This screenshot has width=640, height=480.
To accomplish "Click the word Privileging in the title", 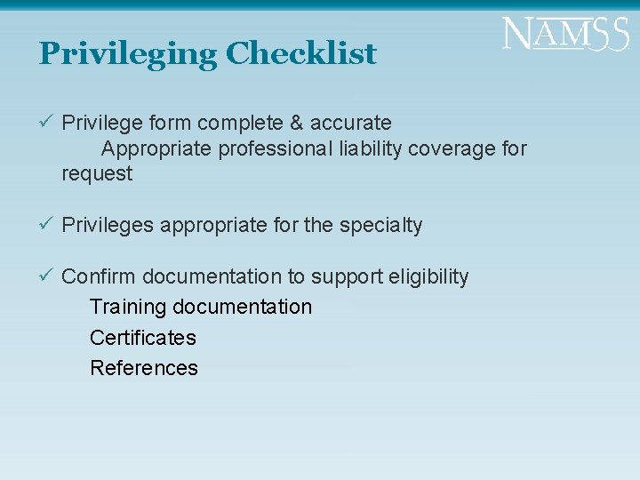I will (x=127, y=54).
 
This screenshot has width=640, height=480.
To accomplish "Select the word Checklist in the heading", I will (x=300, y=54).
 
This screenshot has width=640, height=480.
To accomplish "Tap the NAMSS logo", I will (x=564, y=36).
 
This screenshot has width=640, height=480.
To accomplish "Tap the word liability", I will (x=371, y=148).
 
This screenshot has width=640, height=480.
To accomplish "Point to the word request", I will (x=97, y=174).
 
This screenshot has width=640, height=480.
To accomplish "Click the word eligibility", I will (x=428, y=277).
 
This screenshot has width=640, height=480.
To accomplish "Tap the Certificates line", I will (x=143, y=338).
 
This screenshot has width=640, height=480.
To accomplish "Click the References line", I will (x=144, y=368).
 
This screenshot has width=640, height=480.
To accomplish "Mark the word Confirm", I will (x=99, y=277).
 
